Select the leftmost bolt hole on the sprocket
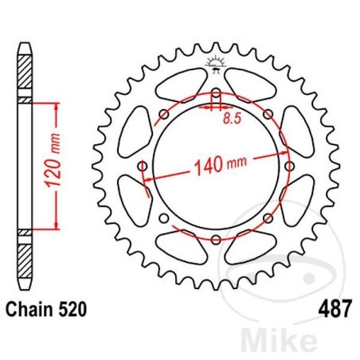pyautogui.click(x=143, y=166)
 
